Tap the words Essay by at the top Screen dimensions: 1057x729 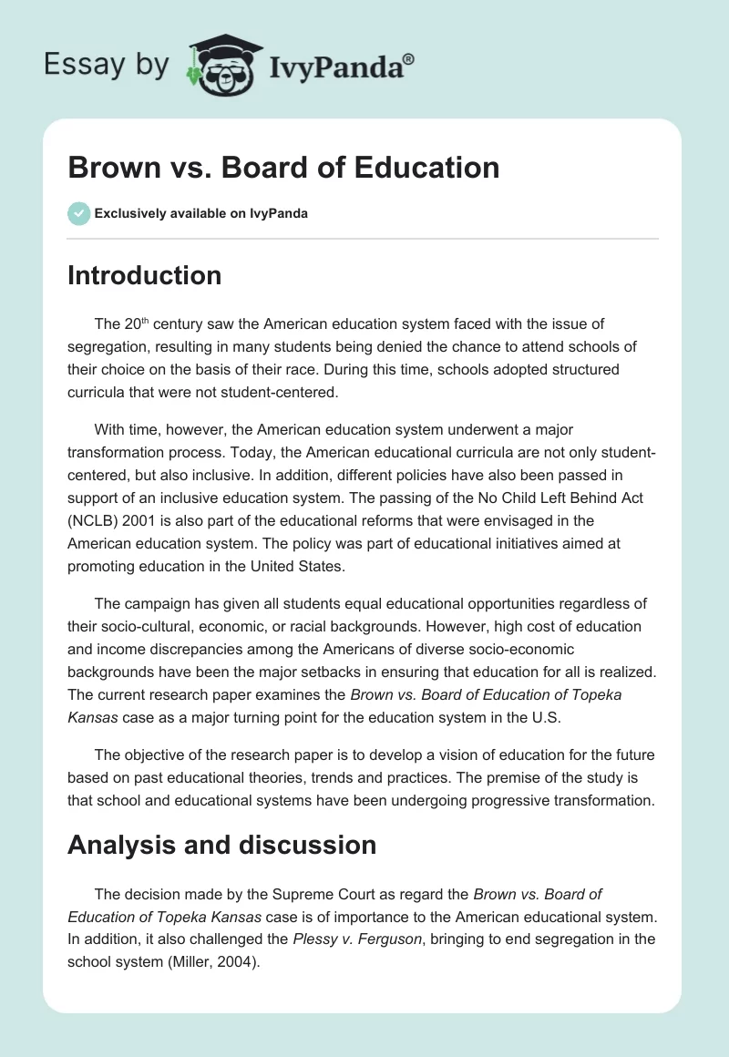click(x=108, y=65)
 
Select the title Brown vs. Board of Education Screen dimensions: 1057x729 click(x=283, y=167)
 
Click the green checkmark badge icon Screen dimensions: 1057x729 click(x=78, y=213)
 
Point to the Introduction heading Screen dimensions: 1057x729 click(x=144, y=274)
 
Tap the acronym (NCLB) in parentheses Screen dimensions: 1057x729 click(x=98, y=520)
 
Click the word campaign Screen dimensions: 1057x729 click(x=156, y=604)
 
